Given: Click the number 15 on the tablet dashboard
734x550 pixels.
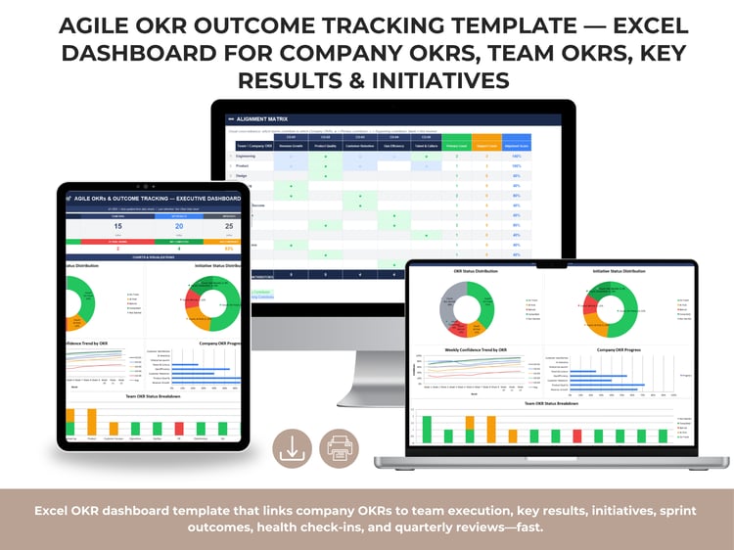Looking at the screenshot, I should pyautogui.click(x=91, y=226).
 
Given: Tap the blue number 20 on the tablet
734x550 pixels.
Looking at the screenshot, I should pyautogui.click(x=178, y=226).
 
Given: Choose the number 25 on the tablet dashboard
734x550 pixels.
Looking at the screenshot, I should pyautogui.click(x=229, y=226).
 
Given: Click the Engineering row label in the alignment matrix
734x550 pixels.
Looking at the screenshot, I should pyautogui.click(x=247, y=155).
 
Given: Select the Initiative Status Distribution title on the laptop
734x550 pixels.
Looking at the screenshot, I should pyautogui.click(x=619, y=271).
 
